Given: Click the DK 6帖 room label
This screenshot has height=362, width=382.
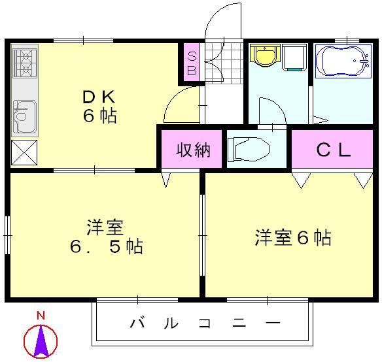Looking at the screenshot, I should pos(99,107).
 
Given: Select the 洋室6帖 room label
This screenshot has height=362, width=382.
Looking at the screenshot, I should pos(292,237).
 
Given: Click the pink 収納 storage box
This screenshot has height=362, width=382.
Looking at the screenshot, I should pos(194,150).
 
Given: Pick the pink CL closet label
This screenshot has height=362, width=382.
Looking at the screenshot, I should pos(334,150).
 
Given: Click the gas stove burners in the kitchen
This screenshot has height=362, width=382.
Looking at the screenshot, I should pos(24,63).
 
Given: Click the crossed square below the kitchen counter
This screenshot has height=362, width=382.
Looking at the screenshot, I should pos(24,153).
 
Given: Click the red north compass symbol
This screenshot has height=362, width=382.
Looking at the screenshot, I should pos(41,340).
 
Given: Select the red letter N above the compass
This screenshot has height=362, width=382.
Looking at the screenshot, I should pos(41,316).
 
